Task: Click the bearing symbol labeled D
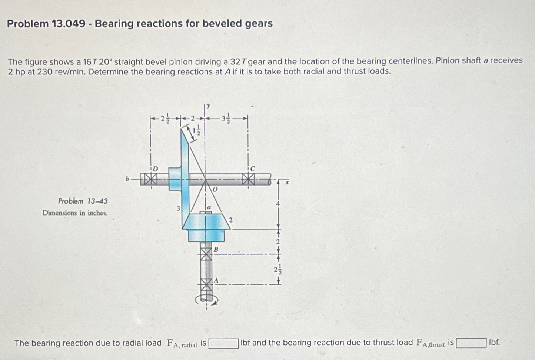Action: (150, 180)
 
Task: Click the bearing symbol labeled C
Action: (248, 180)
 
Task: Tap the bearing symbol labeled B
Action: (206, 254)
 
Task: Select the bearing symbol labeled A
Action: (206, 285)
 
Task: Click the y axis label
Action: (209, 106)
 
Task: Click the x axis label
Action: (286, 182)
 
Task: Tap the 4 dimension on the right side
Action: (278, 203)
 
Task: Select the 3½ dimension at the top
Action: (227, 119)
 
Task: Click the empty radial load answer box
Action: (223, 343)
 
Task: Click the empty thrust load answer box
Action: (471, 343)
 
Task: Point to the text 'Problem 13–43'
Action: (83, 201)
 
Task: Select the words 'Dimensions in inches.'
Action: (75, 213)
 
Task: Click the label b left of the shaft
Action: (127, 179)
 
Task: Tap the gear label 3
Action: (178, 209)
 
